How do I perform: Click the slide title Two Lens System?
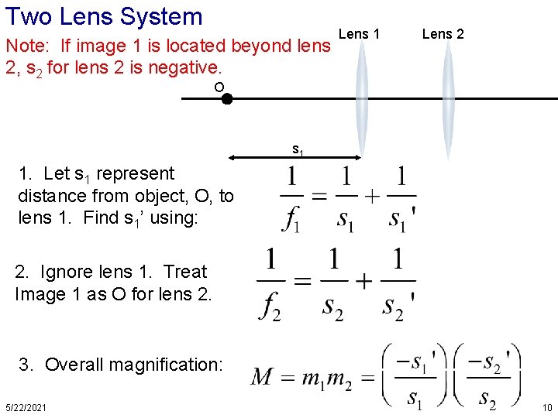tap(104, 16)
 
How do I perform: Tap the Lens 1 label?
tap(360, 33)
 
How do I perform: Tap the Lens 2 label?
tap(443, 33)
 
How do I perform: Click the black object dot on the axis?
tap(227, 99)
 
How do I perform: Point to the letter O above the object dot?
tap(219, 87)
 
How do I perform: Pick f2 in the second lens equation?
tap(270, 304)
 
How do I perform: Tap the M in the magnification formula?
tap(263, 378)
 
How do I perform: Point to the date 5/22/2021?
tap(25, 407)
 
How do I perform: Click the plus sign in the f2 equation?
tap(363, 280)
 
